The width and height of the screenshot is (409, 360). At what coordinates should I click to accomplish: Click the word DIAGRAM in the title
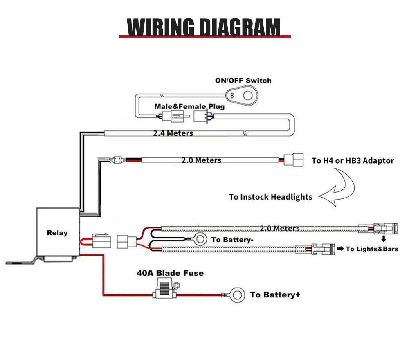point(239,27)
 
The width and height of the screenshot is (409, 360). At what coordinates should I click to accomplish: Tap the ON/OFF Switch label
point(243,81)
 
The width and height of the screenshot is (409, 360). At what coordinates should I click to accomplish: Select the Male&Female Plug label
point(189,106)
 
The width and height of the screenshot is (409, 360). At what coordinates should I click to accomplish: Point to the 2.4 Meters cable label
point(173,133)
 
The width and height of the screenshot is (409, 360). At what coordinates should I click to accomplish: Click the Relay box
point(57,233)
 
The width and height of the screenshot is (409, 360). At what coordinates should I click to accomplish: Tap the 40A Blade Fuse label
point(170,273)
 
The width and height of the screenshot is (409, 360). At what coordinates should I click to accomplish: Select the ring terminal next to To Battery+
point(236,295)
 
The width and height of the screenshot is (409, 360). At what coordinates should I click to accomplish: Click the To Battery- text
point(231,240)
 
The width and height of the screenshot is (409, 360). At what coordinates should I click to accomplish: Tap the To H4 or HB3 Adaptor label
point(353,160)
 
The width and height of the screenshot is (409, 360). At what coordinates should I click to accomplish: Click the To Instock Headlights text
point(270,197)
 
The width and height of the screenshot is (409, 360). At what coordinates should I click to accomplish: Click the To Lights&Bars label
point(371,249)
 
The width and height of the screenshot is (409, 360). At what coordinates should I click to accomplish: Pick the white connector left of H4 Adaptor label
point(293,160)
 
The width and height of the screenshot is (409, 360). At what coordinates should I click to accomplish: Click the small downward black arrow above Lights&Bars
point(384,239)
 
